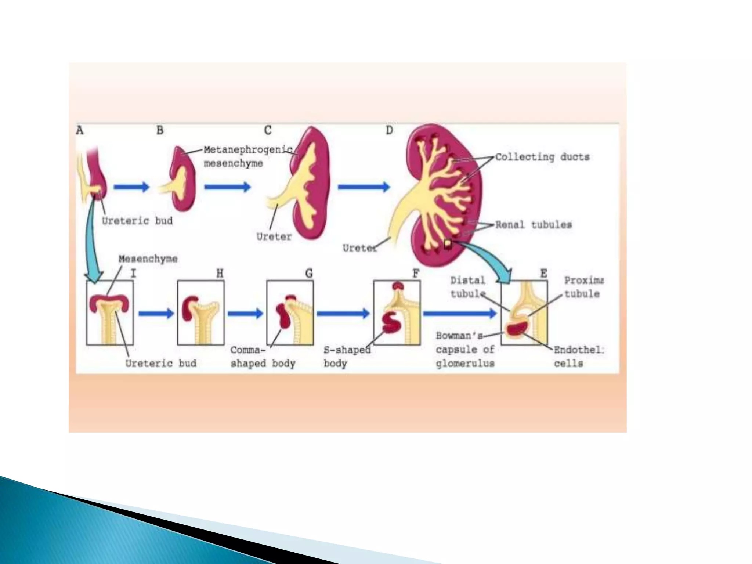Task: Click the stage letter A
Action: (x=80, y=130)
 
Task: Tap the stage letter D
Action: (x=389, y=130)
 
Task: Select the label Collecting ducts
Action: (x=542, y=157)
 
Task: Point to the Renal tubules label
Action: (x=533, y=225)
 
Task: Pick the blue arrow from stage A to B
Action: (x=131, y=187)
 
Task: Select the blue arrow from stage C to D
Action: (x=364, y=187)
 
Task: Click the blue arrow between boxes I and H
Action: (x=156, y=314)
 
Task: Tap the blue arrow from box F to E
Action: (x=460, y=313)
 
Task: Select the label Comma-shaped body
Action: (x=263, y=357)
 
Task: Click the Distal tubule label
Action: (x=468, y=287)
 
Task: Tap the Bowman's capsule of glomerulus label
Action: (x=465, y=350)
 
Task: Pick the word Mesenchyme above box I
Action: (x=148, y=259)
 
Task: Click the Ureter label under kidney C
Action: (x=274, y=237)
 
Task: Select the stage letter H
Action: (x=220, y=274)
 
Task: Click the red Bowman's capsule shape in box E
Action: (x=516, y=328)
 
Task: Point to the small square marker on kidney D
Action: (x=448, y=243)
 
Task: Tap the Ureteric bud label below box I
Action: (x=160, y=364)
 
